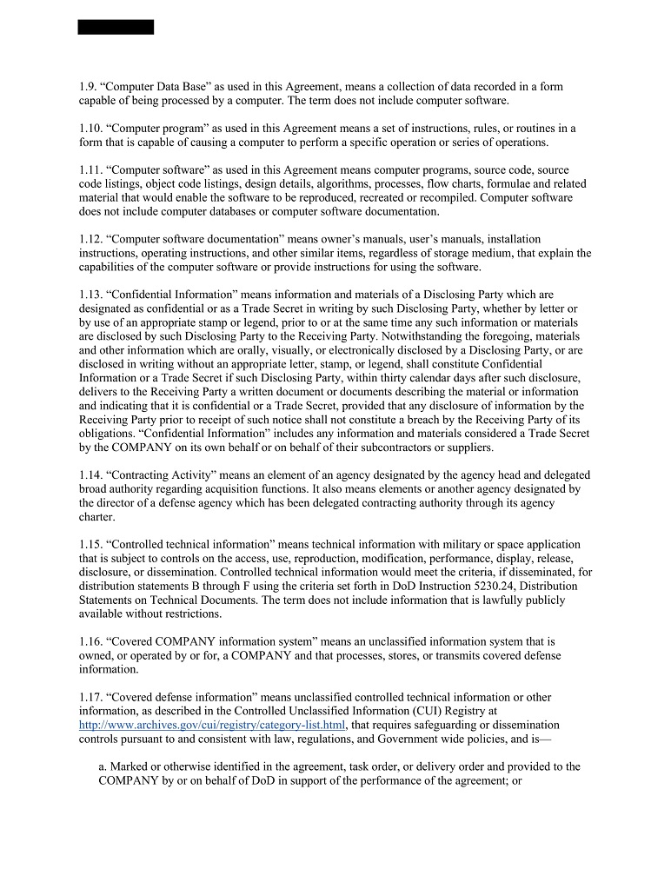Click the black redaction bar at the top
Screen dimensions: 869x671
point(116,27)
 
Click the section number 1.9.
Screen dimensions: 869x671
point(87,87)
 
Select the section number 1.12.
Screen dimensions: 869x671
point(90,239)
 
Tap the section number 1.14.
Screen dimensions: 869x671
point(90,475)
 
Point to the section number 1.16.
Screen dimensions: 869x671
point(90,641)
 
